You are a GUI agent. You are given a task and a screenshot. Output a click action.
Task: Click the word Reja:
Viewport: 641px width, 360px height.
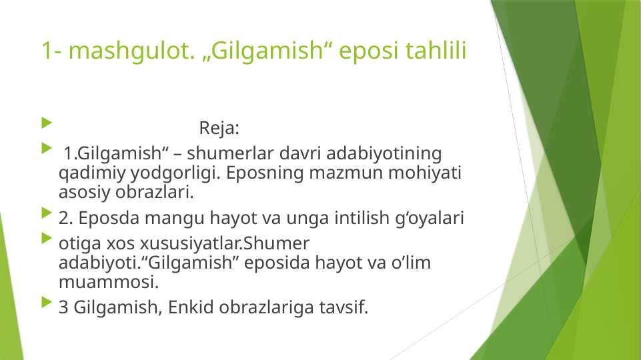[219, 127]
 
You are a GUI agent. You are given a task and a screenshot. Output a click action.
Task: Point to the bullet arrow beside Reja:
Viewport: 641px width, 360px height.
[45, 124]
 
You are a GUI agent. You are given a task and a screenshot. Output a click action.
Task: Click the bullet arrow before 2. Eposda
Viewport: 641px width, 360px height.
[45, 214]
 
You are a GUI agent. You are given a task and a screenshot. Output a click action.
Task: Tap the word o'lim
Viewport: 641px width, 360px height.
[408, 263]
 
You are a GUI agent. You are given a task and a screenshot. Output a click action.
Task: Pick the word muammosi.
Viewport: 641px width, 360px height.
[109, 283]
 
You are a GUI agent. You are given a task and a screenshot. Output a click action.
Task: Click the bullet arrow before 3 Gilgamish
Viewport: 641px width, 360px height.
[45, 304]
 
